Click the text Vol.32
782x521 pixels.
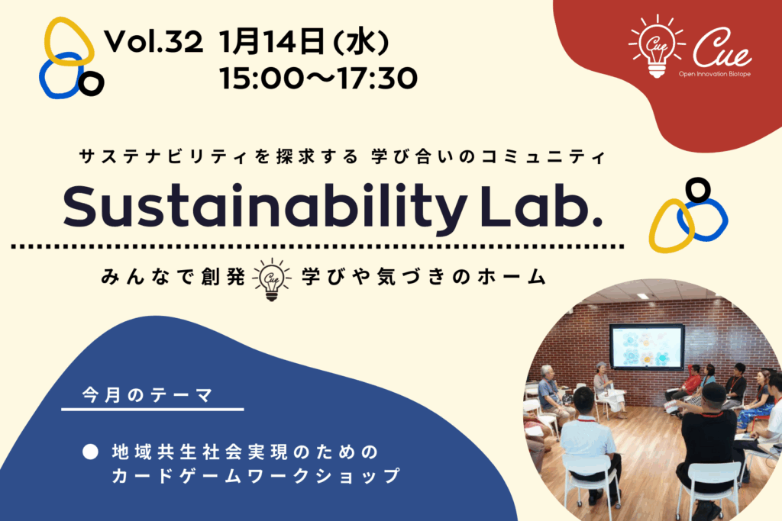click(x=153, y=41)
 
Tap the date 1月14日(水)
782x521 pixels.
click(x=304, y=42)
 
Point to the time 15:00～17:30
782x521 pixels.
click(x=318, y=79)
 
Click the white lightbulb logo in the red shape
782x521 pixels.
click(x=656, y=47)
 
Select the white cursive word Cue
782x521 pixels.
click(x=722, y=48)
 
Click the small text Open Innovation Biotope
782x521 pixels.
click(x=714, y=74)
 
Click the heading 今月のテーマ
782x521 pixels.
click(x=148, y=395)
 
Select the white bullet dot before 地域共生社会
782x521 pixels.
click(x=90, y=452)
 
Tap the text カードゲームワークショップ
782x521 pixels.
click(x=256, y=476)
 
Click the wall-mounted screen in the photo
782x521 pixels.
click(x=647, y=346)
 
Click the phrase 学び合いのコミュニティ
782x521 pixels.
click(x=489, y=157)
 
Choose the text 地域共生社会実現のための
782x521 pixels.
click(x=245, y=452)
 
